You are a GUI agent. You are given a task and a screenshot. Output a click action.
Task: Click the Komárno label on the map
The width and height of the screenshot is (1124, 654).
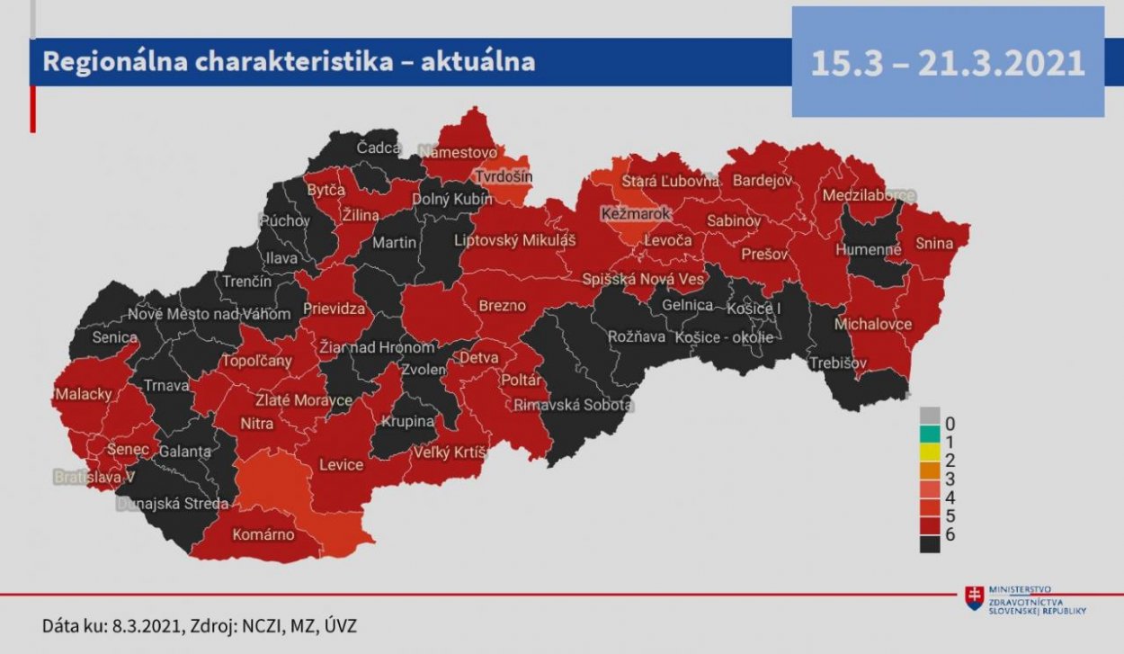(263, 535)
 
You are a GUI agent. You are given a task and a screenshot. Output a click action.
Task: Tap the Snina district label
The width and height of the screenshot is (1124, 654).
(934, 243)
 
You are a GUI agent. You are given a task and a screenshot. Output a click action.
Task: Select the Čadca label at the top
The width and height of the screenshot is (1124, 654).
(378, 148)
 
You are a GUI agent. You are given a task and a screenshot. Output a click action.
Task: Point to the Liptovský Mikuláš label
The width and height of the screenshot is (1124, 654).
(514, 240)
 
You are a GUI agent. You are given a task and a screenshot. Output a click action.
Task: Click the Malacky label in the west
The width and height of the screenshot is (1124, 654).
(83, 394)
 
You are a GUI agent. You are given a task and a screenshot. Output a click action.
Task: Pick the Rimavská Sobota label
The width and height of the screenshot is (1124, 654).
(573, 406)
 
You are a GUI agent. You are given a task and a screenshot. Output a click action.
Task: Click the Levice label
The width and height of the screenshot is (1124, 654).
(342, 465)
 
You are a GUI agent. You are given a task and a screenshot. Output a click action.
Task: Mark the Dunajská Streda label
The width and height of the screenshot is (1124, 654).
(172, 504)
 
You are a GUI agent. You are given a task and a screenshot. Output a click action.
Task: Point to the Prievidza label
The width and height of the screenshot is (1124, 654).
(334, 309)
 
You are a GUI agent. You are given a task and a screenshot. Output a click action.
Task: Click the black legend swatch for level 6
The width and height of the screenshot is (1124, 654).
(930, 542)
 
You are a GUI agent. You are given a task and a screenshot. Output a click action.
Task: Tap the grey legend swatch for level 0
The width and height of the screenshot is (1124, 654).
(930, 415)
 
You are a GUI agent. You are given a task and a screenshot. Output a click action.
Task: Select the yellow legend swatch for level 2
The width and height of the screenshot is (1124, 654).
(930, 457)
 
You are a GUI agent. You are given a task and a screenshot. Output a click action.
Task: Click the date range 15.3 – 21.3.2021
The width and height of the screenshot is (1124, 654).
(947, 62)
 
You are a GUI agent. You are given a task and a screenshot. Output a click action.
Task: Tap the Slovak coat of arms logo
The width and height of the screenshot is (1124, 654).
(973, 598)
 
